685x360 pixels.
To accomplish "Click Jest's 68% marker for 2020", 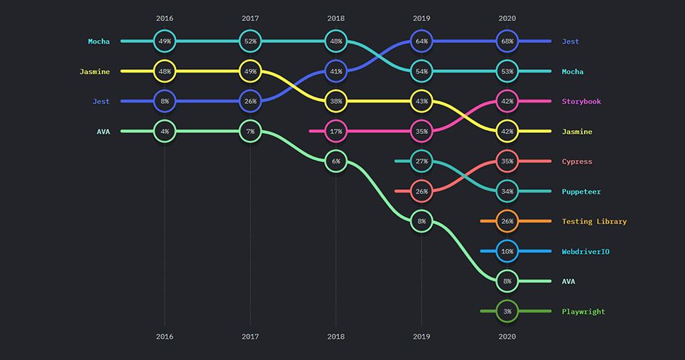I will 507,41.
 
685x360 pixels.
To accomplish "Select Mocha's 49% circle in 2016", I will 164,41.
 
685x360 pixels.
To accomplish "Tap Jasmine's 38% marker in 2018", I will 336,101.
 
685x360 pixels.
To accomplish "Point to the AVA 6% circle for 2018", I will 336,161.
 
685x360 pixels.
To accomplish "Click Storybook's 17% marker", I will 336,132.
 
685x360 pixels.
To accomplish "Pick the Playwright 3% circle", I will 507,311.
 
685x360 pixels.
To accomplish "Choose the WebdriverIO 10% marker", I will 507,252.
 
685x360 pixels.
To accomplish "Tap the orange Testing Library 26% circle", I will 507,221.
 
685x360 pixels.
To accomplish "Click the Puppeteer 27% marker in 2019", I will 422,161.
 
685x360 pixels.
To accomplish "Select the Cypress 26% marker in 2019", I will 422,191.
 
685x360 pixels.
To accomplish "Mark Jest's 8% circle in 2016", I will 164,101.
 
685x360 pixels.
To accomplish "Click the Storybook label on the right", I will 580,102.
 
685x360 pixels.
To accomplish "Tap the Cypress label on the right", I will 577,161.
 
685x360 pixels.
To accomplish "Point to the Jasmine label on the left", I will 95,71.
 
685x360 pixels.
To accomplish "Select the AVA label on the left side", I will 103,132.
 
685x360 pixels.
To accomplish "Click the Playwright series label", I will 583,311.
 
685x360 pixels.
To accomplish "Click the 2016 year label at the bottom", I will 164,337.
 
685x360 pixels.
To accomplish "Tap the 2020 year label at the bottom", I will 507,337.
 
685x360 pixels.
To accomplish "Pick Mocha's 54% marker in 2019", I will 422,71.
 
